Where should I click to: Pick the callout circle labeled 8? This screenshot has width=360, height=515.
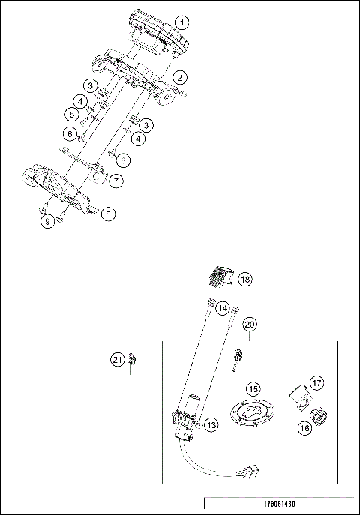[109, 214]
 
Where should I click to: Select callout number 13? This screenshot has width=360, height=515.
[211, 425]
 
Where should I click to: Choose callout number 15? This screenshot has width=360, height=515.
[253, 389]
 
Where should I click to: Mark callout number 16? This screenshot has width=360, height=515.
[305, 428]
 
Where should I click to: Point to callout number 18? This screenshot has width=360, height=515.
[245, 279]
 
